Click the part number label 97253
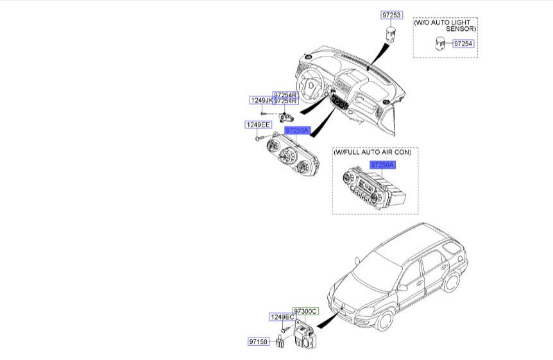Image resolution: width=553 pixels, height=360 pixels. (392, 15)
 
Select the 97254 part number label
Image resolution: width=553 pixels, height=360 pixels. (463, 44)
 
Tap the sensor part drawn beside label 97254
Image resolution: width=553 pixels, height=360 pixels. (440, 44)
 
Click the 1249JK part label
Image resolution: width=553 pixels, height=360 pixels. (260, 101)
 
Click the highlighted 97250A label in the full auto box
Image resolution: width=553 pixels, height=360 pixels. (382, 165)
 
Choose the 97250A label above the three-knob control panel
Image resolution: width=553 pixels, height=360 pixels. (298, 130)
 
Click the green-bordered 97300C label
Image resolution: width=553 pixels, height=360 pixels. (305, 311)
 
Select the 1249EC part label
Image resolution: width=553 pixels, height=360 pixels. (281, 318)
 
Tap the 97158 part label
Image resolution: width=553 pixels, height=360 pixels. (260, 341)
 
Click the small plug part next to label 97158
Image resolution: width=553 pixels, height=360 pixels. (280, 343)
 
